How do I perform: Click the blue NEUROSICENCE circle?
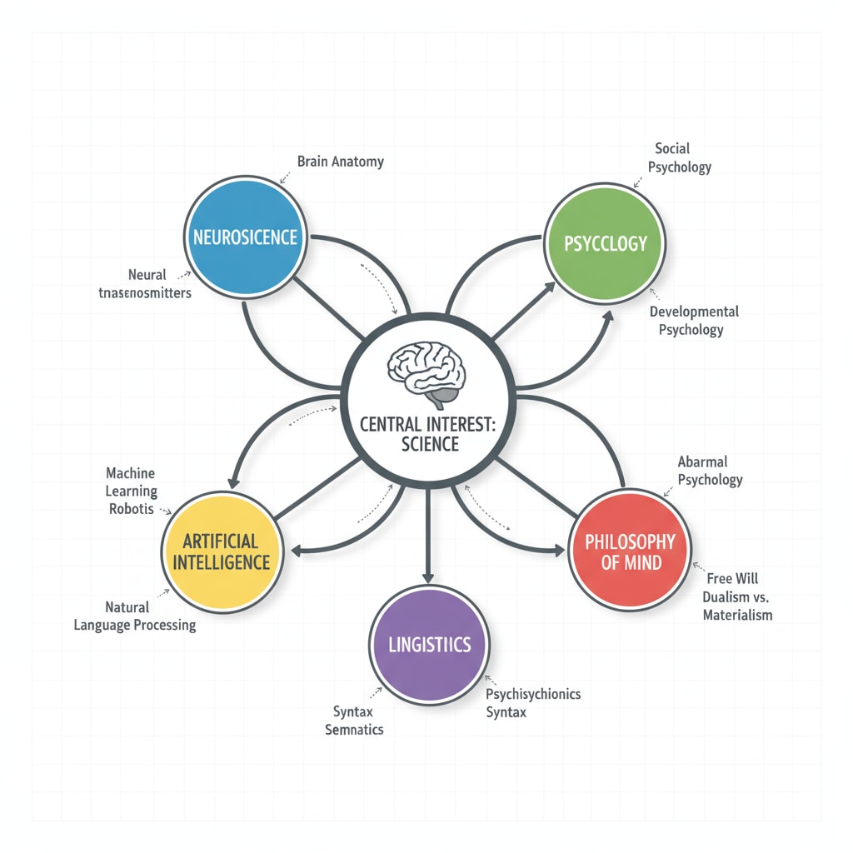[x=245, y=237]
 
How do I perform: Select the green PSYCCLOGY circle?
[x=606, y=243]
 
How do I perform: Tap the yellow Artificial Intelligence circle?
[x=221, y=551]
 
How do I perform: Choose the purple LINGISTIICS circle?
[x=429, y=644]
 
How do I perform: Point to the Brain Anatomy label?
[x=340, y=162]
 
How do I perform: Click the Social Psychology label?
[x=682, y=157]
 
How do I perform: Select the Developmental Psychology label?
[x=693, y=320]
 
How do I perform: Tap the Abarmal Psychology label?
[x=709, y=470]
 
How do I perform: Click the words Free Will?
[x=731, y=578]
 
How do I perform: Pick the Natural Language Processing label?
[x=135, y=616]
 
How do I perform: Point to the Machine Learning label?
[x=131, y=482]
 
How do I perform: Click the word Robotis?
[x=131, y=508]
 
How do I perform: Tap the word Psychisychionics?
[x=533, y=693]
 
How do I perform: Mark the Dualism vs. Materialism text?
[x=736, y=606]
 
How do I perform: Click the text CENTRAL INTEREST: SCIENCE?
[x=426, y=433]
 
